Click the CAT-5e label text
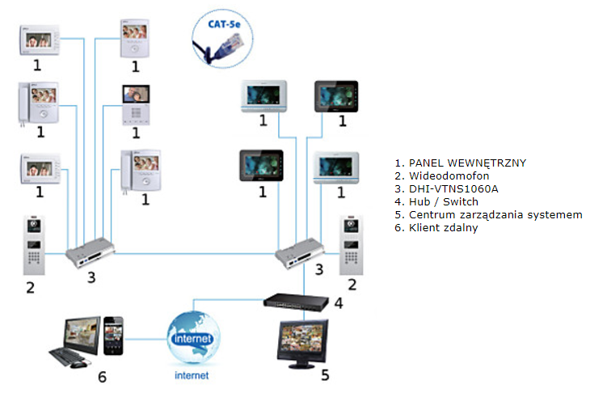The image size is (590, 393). point(224,24)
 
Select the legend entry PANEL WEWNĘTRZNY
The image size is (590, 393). point(467,163)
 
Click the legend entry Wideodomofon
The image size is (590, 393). point(449,175)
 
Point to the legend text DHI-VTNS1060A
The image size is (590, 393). point(453,188)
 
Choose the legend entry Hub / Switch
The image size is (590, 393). point(443,202)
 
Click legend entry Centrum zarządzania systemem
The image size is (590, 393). point(495,215)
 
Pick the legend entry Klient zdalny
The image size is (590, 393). point(443,228)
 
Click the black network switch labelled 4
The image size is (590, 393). point(296,302)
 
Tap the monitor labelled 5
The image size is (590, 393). point(302,344)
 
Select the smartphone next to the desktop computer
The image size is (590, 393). point(113,336)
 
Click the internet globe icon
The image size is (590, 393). point(193,338)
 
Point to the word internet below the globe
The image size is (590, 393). point(192,375)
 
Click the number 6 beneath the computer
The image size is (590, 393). point(102,377)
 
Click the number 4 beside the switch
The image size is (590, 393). point(339,303)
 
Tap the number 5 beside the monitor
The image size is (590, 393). point(325,375)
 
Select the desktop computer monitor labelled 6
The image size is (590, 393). point(82,335)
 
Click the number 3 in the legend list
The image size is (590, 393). point(398,189)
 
